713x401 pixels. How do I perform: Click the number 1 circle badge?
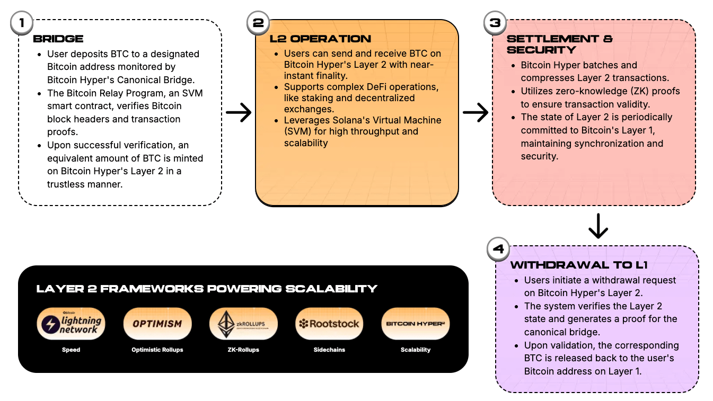click(x=22, y=23)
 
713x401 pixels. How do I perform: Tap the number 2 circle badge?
click(x=258, y=23)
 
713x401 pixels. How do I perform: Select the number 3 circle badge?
click(x=495, y=23)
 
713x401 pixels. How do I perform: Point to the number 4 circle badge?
click(x=498, y=249)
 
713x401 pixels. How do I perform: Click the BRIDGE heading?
click(x=58, y=39)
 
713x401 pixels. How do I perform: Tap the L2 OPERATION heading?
click(x=320, y=39)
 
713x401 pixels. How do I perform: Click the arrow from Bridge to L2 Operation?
click(x=239, y=112)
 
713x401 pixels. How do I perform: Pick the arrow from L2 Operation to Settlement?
click(x=475, y=112)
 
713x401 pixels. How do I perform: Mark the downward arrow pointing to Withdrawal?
click(x=598, y=226)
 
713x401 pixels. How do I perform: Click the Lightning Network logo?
click(x=71, y=324)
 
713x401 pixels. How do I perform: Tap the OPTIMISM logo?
click(x=157, y=324)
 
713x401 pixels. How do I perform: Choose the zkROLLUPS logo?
click(x=244, y=324)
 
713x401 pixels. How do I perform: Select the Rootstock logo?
click(x=329, y=324)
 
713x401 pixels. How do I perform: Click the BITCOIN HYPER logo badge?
click(x=416, y=324)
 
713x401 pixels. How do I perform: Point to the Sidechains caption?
click(x=329, y=350)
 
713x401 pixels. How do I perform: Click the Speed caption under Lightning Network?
click(x=71, y=350)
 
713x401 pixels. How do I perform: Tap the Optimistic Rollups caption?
click(x=157, y=350)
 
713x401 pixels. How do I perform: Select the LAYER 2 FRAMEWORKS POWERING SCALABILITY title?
click(x=207, y=289)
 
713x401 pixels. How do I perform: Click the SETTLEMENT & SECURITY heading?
click(x=560, y=44)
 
